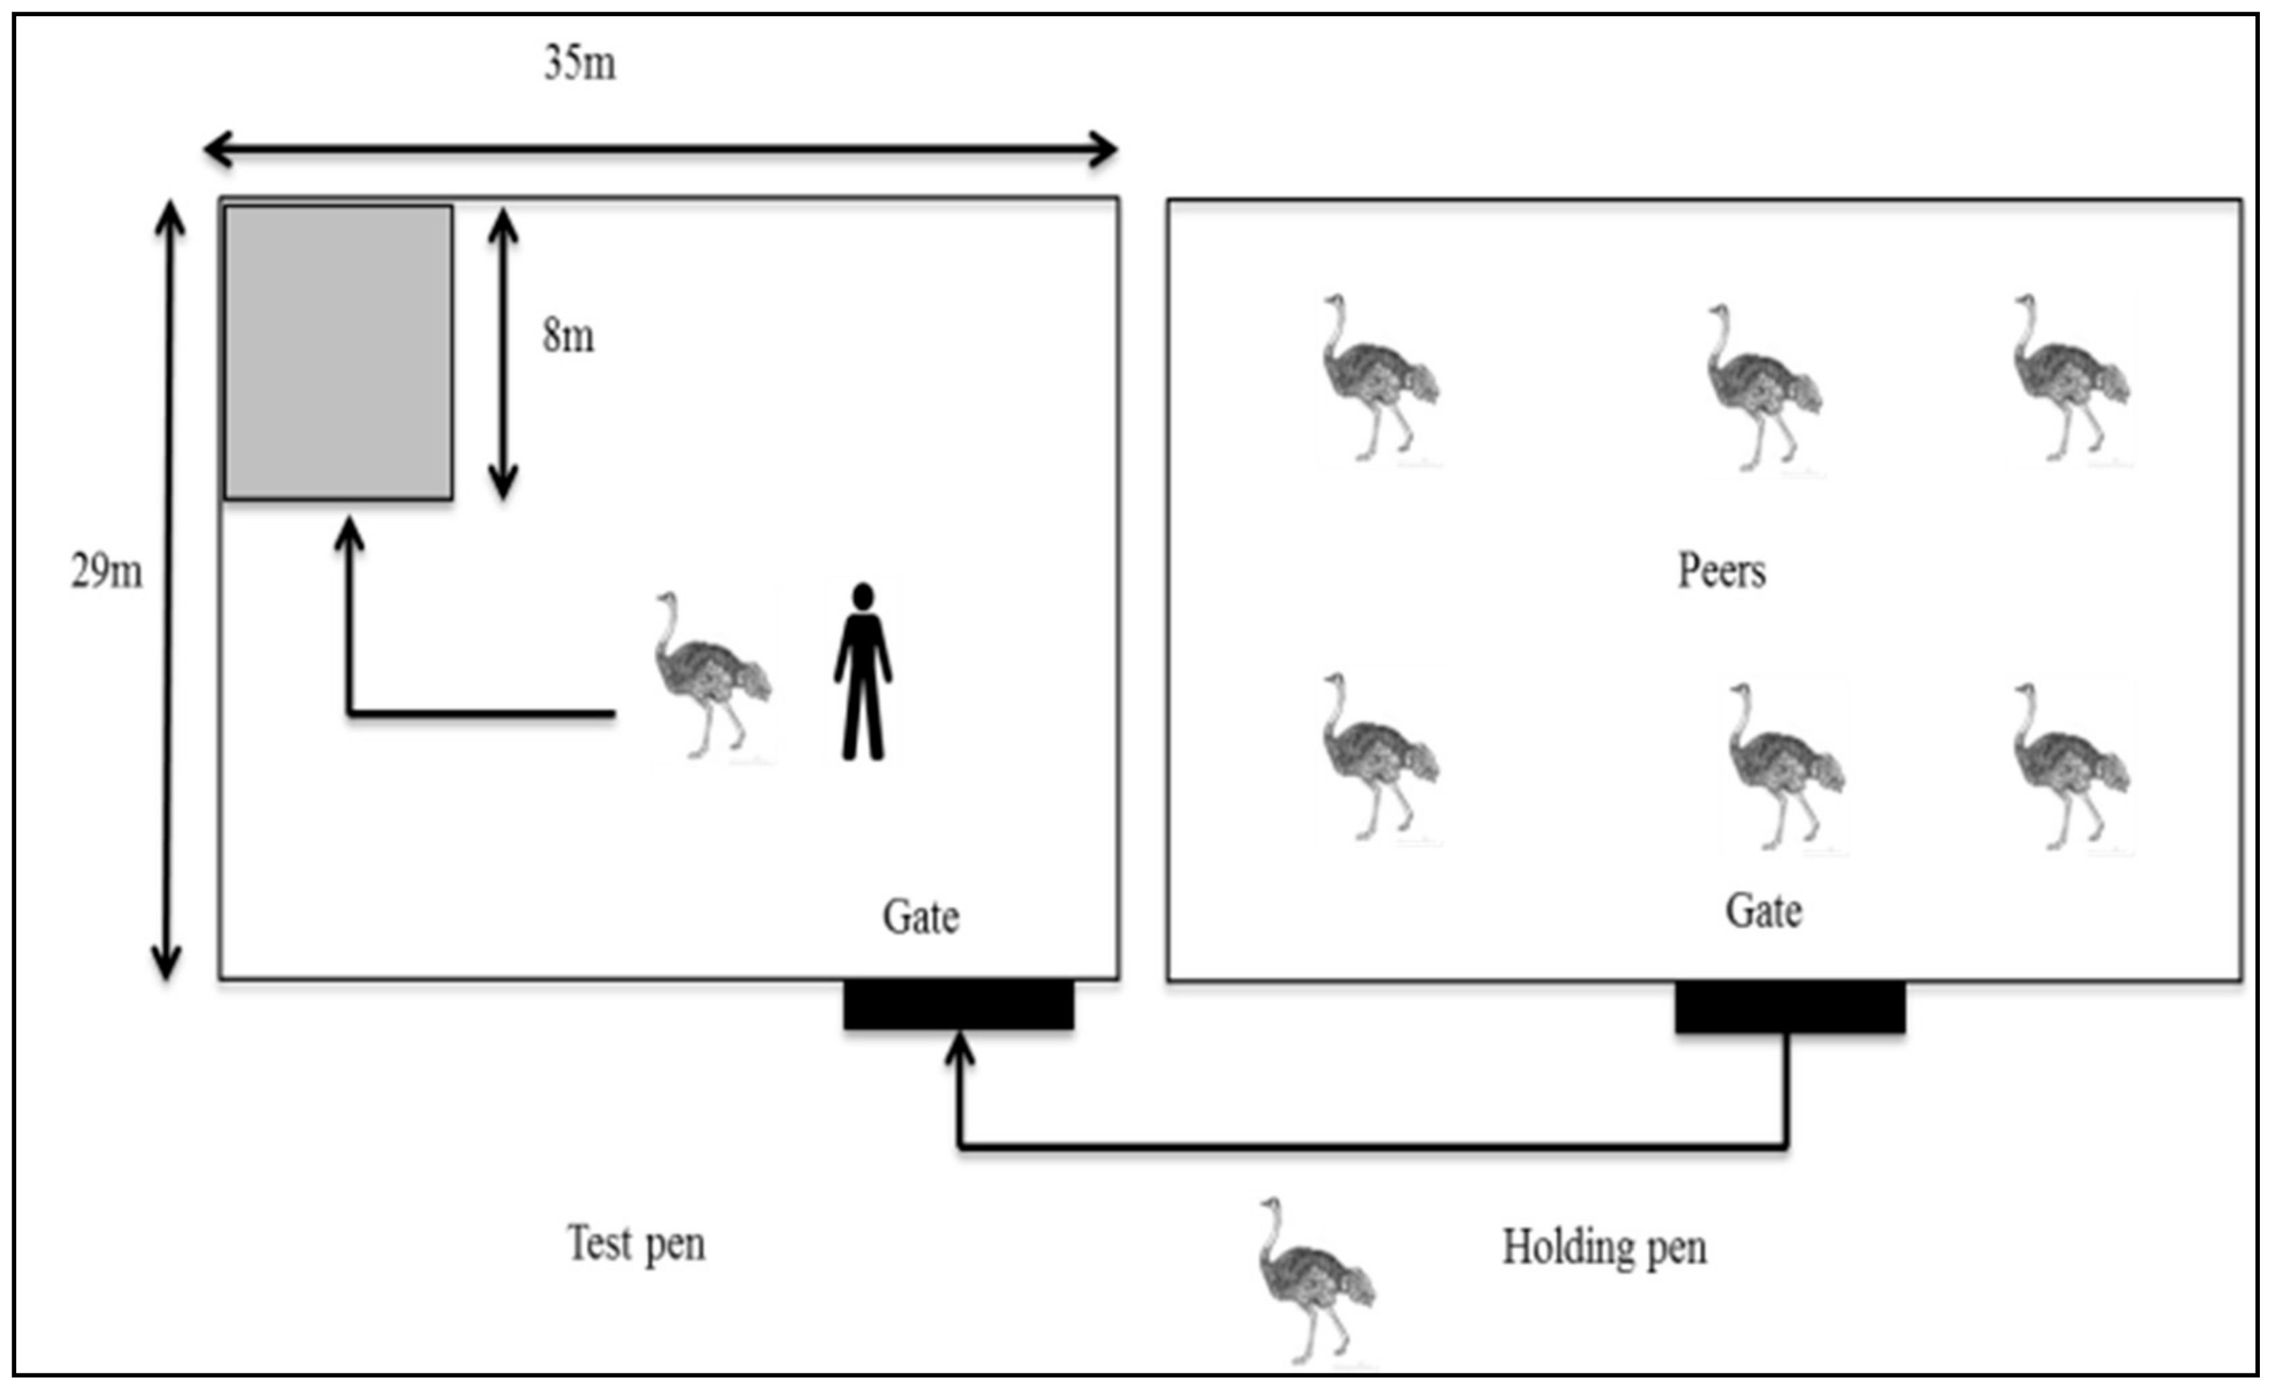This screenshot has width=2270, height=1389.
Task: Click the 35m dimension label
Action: click(580, 64)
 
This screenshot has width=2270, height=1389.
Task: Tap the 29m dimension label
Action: click(107, 572)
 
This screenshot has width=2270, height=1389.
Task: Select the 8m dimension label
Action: click(567, 336)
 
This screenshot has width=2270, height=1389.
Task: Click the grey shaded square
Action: click(338, 353)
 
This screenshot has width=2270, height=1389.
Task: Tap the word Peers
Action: click(1721, 571)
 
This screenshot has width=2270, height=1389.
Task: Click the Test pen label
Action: click(636, 1244)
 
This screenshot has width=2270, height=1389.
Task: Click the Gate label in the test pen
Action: click(920, 917)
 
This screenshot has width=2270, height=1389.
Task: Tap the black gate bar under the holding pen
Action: click(1789, 1007)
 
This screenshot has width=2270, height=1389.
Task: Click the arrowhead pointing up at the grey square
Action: click(349, 534)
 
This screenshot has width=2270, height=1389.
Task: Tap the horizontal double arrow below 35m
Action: click(660, 148)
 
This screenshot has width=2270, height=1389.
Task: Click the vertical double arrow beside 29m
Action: click(168, 590)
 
